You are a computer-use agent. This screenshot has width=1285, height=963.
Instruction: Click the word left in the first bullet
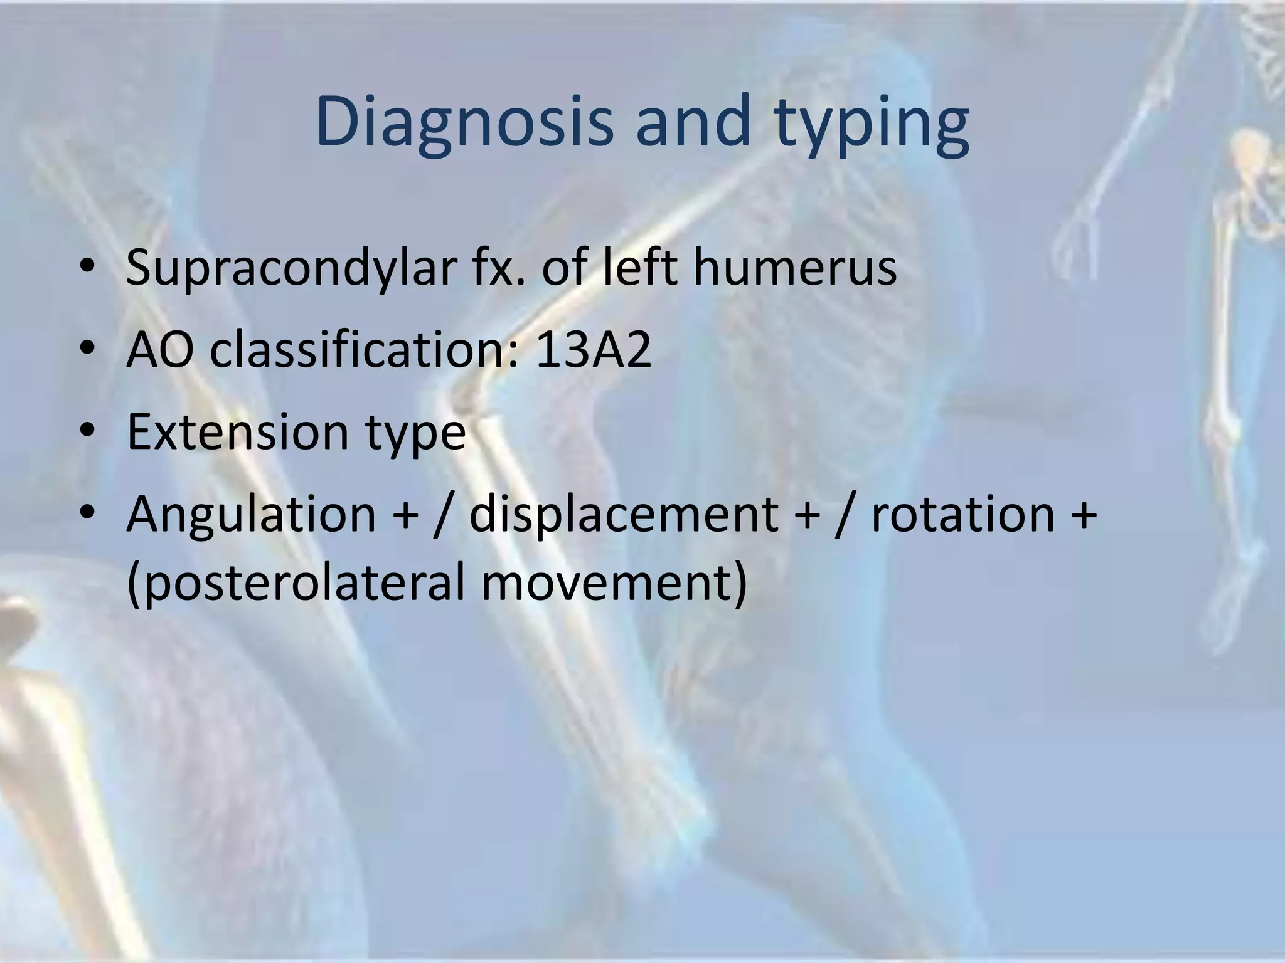636,268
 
